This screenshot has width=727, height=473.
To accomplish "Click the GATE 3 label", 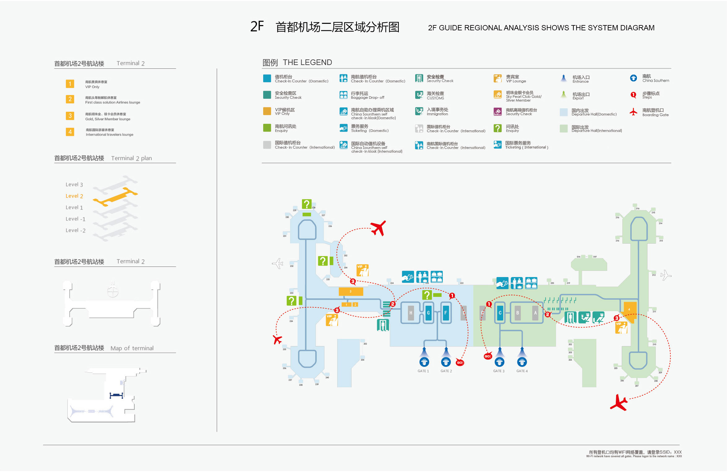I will (x=498, y=371).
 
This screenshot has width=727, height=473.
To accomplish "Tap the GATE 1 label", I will (x=423, y=371).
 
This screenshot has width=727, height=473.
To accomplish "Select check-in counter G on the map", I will (x=428, y=313).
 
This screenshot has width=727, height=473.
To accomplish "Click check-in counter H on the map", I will (x=411, y=313).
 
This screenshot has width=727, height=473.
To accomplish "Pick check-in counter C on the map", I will (x=500, y=313).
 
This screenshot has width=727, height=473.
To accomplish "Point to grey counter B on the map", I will (x=517, y=313).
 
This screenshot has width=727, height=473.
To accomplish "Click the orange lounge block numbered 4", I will (x=629, y=309).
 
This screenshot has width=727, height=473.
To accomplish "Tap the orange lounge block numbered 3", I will (x=350, y=291).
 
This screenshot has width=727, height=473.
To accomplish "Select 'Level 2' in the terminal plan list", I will (x=74, y=196).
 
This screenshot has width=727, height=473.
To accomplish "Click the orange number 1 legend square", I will (x=70, y=84).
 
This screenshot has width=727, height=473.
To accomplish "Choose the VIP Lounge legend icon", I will (x=498, y=78).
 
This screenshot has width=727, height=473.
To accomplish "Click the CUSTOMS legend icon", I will (x=419, y=95).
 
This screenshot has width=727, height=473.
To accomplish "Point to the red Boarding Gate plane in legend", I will (x=633, y=112).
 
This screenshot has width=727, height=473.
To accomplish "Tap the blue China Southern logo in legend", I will (x=633, y=78).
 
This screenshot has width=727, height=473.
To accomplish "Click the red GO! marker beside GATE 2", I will (x=460, y=362).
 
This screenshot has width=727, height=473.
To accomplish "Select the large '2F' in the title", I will (x=257, y=27).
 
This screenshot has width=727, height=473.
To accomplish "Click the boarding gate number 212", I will (x=654, y=275).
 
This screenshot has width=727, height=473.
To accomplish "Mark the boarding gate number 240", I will (x=327, y=377).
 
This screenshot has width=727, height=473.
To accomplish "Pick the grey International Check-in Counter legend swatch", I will (x=267, y=145).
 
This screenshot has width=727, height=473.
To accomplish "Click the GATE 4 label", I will (x=522, y=371).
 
